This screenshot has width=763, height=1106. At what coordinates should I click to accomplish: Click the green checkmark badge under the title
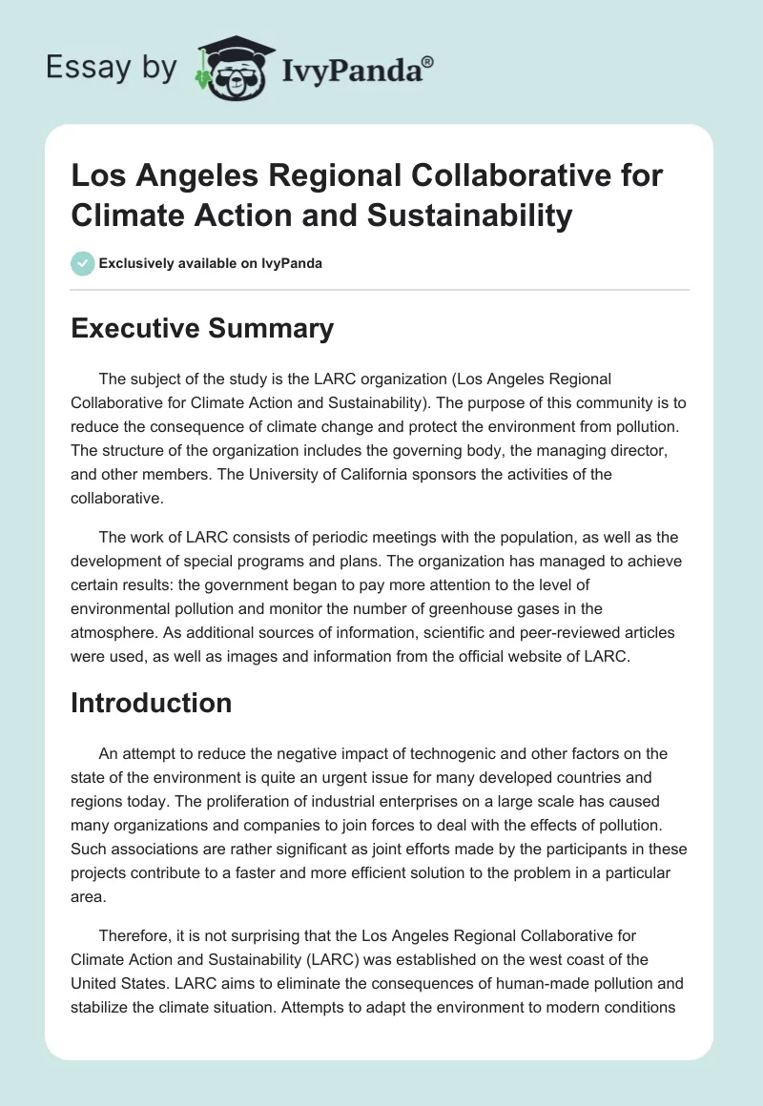click(x=83, y=263)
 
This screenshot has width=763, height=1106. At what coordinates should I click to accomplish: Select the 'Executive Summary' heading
click(x=203, y=329)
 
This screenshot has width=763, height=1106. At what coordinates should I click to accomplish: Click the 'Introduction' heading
click(x=152, y=703)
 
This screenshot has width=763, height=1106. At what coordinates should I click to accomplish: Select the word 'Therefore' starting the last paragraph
click(x=134, y=920)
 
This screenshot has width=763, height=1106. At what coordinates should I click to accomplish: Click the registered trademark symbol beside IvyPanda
click(x=428, y=61)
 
